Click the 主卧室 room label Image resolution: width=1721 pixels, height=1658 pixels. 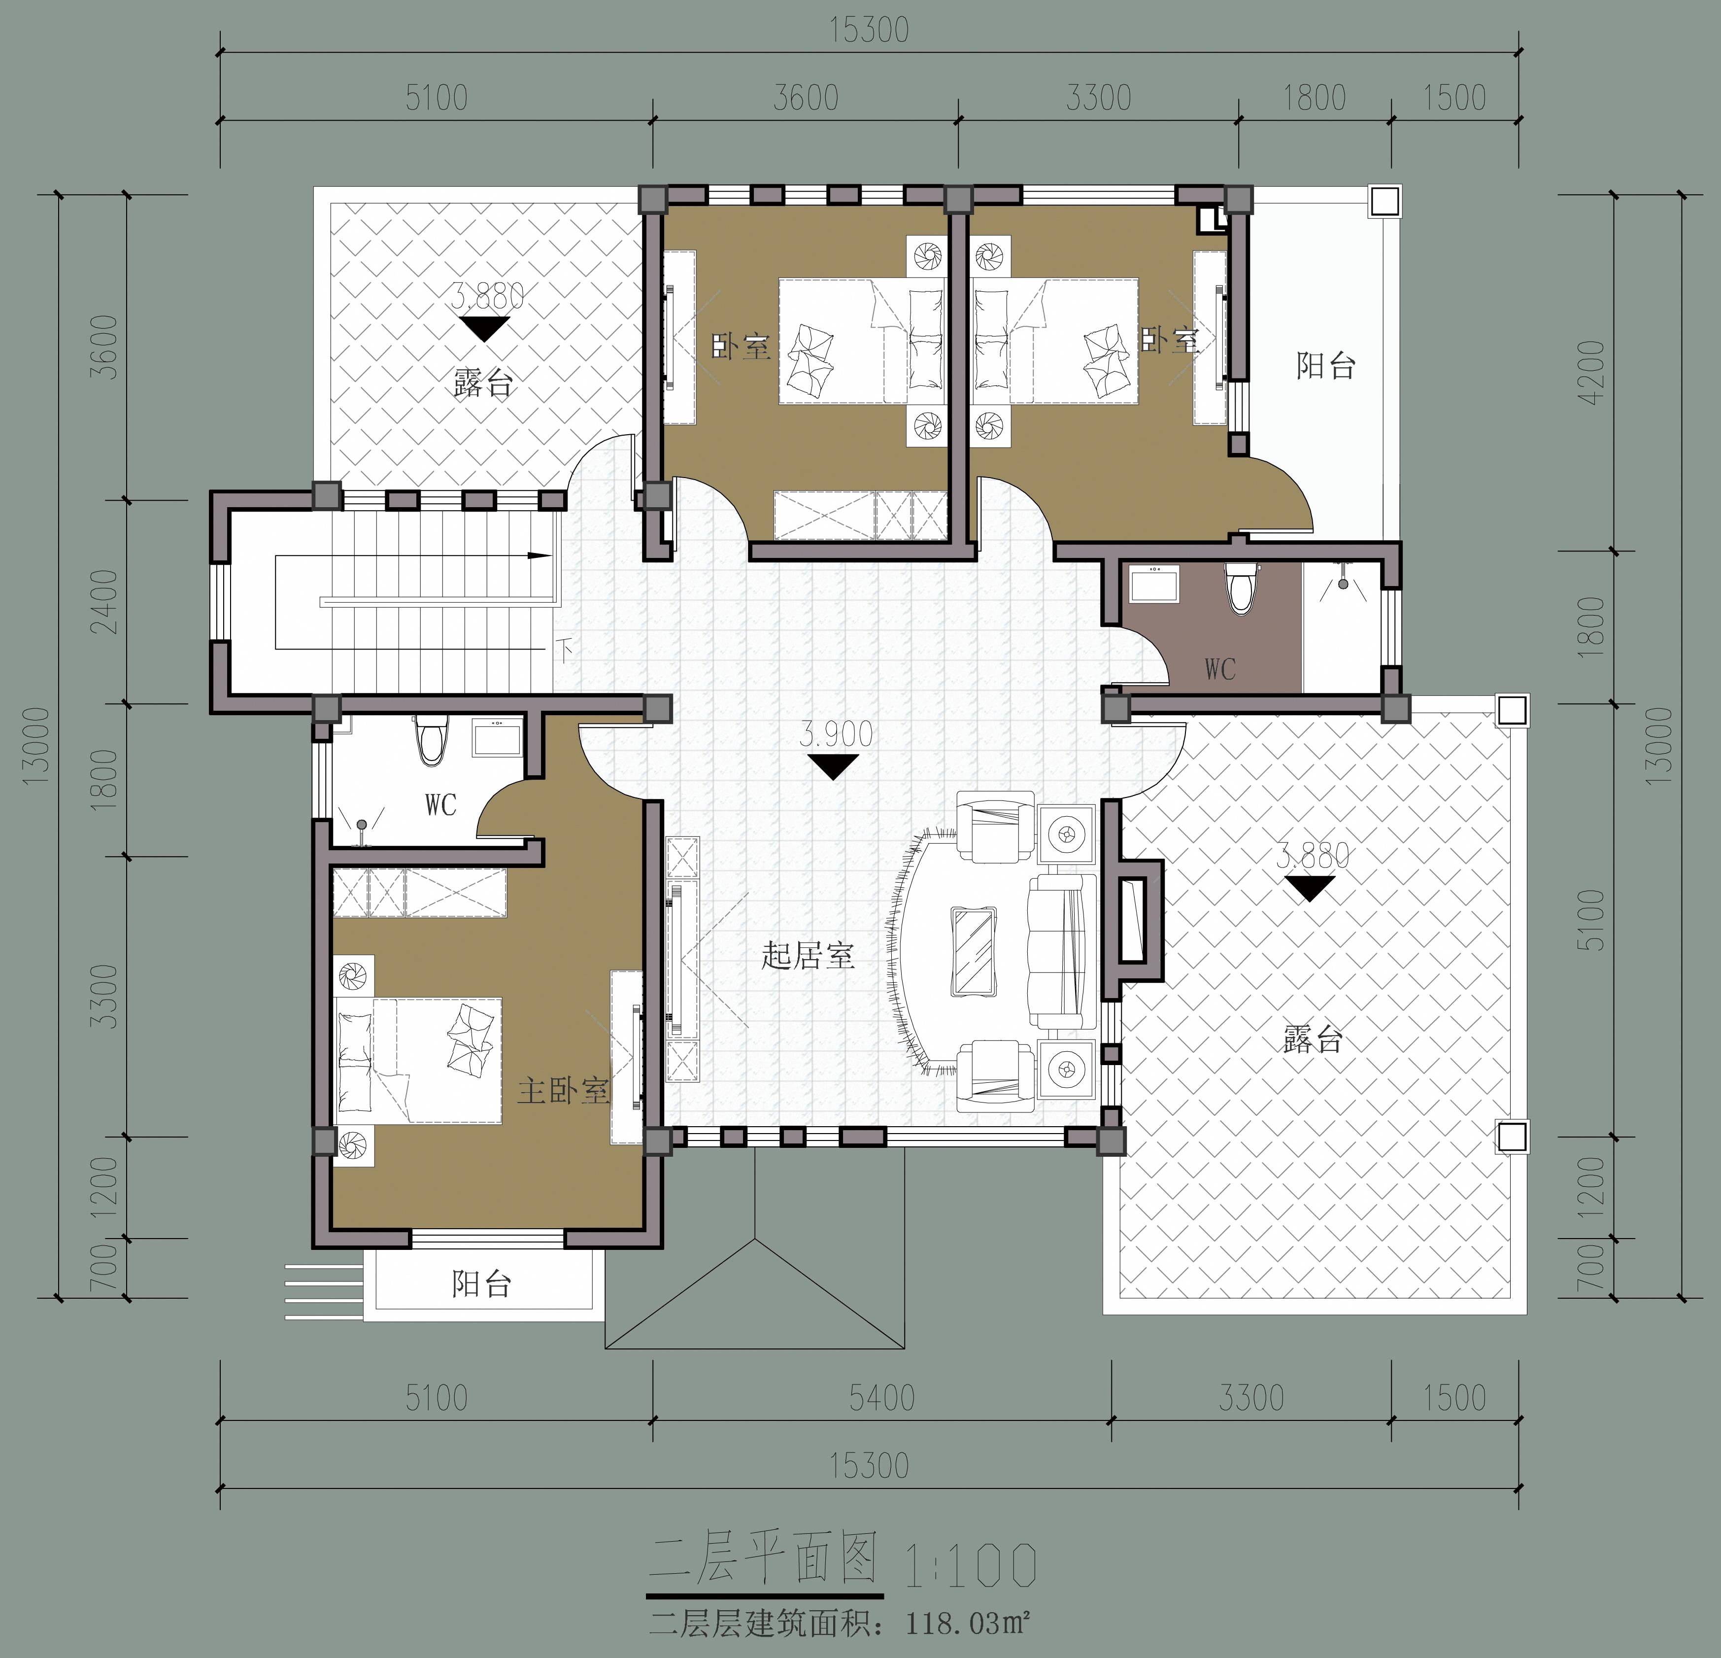tap(563, 1091)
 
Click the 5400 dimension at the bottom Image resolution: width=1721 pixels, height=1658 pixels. tap(881, 1397)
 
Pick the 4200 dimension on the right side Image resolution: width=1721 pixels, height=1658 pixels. tap(1590, 372)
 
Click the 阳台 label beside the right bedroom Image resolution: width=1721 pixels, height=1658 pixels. tap(1326, 365)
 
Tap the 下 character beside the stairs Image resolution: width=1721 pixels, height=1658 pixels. tap(564, 651)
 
